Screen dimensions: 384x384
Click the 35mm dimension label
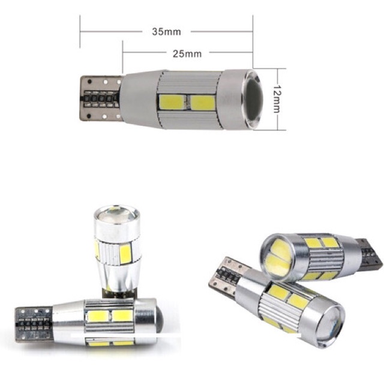[x=167, y=32]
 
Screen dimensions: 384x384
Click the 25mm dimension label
[x=187, y=53]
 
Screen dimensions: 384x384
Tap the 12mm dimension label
[x=277, y=99]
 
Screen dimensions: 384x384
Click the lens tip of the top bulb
[x=253, y=99]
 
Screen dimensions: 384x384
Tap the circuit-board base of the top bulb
[x=101, y=98]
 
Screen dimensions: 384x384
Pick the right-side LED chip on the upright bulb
[x=125, y=254]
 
